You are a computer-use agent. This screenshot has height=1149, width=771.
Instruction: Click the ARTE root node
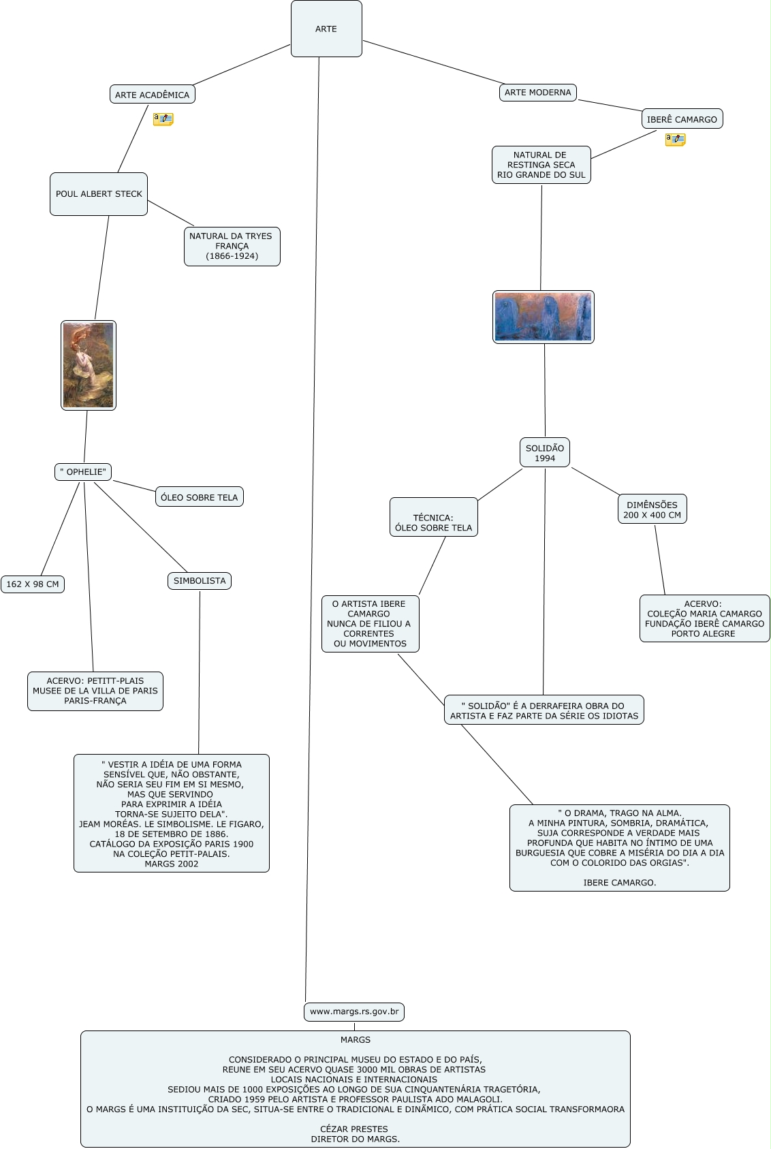(x=326, y=29)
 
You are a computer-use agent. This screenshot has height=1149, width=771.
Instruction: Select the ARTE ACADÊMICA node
(x=152, y=95)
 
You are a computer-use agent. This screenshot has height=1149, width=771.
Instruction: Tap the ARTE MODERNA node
(x=537, y=92)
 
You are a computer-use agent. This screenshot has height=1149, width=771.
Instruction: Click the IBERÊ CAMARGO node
(x=682, y=119)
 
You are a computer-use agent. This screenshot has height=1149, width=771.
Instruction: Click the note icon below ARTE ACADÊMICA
(x=163, y=119)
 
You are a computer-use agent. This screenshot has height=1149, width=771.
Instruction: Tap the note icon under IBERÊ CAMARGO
(x=675, y=140)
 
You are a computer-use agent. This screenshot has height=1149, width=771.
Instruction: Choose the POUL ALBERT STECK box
(x=99, y=194)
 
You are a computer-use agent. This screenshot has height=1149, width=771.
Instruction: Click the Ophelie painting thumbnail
(x=89, y=365)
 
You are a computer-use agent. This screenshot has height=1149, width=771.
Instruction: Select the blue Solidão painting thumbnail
(x=543, y=317)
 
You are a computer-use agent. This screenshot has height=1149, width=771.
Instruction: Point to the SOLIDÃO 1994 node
(x=544, y=453)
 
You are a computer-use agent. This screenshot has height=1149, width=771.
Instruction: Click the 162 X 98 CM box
(x=33, y=584)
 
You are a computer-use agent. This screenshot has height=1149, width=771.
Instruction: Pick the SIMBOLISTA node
(x=199, y=581)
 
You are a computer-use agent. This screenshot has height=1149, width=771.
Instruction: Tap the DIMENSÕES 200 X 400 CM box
(x=652, y=509)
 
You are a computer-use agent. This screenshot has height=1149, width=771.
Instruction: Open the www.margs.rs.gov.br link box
(x=354, y=1011)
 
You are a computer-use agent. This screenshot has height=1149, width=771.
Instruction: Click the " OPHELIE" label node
(x=83, y=472)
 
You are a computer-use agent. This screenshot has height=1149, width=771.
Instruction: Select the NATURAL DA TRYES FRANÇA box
(x=232, y=246)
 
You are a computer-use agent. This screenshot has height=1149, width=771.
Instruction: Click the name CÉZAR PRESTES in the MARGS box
(x=354, y=1129)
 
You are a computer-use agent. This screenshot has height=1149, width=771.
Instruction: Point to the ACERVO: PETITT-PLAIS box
(x=95, y=691)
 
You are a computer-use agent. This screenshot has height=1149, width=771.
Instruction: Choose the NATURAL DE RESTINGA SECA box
(x=541, y=165)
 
